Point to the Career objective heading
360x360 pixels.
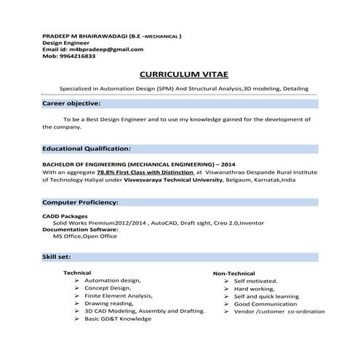tap(71, 104)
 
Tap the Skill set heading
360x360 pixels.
tap(58, 257)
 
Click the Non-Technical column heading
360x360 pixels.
tap(233, 273)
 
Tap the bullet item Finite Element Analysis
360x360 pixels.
tap(113, 295)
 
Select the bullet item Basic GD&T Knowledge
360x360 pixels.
tap(117, 319)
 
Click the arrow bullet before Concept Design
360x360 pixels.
tap(77, 288)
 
